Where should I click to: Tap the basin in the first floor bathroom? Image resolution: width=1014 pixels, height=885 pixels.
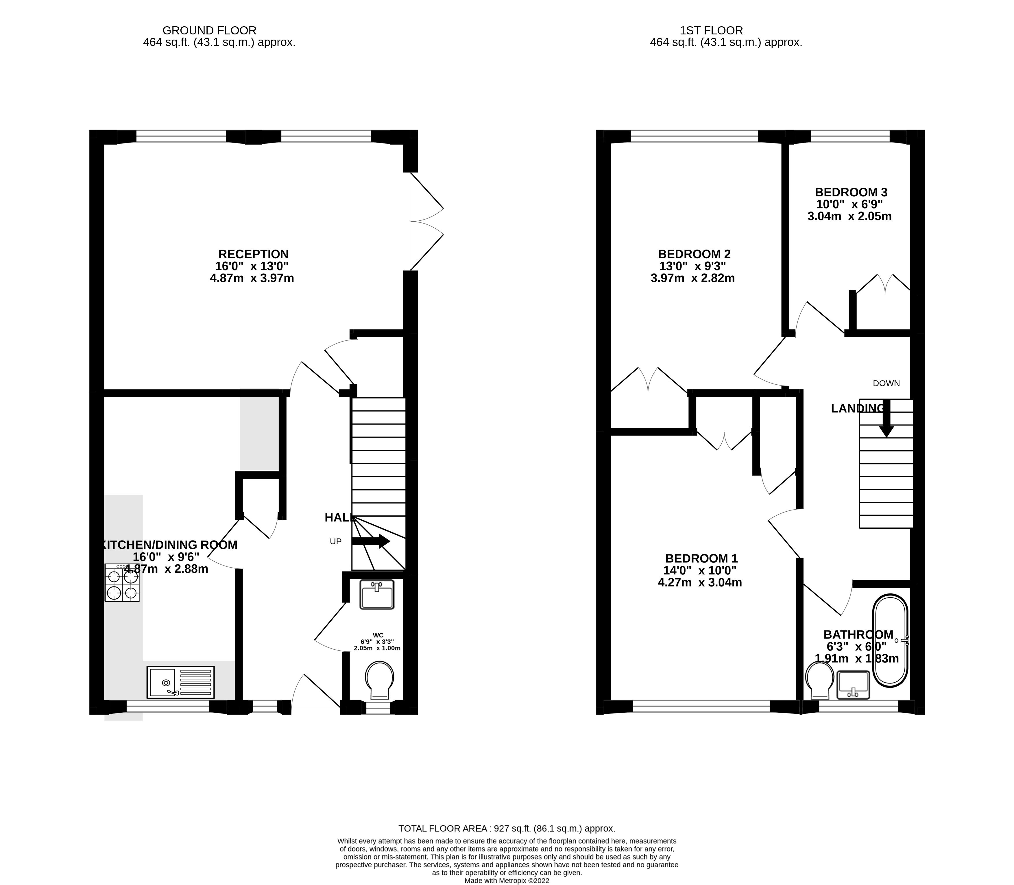[x=853, y=685]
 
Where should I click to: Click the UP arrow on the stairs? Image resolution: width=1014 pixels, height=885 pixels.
[x=371, y=541]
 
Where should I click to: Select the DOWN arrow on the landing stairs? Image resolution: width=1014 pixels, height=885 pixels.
[x=886, y=419]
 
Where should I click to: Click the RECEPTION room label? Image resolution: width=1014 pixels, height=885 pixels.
[x=253, y=254]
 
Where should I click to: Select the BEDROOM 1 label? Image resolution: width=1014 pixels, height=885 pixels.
[x=701, y=558]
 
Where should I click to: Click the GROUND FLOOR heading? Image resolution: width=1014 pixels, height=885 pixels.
[x=209, y=31]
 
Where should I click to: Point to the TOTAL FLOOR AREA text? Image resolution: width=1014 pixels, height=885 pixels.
[x=507, y=828]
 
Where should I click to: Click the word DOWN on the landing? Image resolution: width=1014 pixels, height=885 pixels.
[x=886, y=383]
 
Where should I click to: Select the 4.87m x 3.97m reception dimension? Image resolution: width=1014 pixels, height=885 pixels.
[x=252, y=278]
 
